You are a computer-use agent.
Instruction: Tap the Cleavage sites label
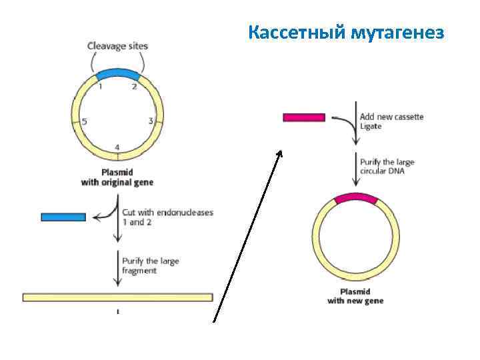point(118,46)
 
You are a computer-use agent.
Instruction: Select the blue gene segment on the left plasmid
point(118,73)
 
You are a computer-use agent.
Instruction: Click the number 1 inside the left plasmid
point(100,86)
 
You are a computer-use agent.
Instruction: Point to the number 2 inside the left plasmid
point(135,86)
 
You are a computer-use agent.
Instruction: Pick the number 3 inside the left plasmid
point(151,121)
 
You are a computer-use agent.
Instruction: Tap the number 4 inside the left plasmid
point(117,147)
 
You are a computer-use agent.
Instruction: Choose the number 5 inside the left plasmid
point(84,121)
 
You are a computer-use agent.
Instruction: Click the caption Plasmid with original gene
point(117,177)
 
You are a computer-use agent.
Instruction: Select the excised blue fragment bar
point(63,217)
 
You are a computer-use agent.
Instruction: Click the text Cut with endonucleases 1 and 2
point(167,217)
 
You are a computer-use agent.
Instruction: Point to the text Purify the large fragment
point(150,265)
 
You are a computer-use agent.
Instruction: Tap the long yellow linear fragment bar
point(117,297)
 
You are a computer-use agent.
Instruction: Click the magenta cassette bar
point(304,117)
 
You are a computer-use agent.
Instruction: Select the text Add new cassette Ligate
point(391,121)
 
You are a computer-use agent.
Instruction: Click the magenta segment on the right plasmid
point(356,198)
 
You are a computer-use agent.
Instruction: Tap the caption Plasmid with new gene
point(355,296)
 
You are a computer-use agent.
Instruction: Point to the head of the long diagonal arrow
point(280,153)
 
